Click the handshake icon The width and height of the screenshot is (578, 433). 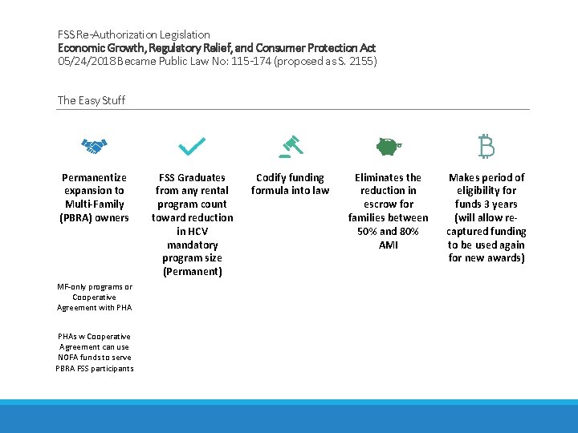95,147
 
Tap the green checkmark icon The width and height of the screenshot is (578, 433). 192,146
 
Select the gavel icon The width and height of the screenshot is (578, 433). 290,145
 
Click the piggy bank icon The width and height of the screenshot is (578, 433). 389,147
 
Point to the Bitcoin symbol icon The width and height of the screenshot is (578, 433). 486,146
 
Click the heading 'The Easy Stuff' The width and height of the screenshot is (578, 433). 92,100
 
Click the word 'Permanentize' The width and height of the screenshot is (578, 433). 95,177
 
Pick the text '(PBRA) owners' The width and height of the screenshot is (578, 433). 95,217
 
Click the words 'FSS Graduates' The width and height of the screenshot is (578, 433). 192,177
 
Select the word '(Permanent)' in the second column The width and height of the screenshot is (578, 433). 192,271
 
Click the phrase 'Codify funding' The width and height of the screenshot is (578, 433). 290,177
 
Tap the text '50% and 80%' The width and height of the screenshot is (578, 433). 389,231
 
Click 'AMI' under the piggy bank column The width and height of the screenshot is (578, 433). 389,245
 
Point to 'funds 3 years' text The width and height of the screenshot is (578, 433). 486,204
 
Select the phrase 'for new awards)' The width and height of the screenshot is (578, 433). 486,257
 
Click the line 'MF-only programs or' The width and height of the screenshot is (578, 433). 95,287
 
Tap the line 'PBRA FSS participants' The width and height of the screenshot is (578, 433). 95,368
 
